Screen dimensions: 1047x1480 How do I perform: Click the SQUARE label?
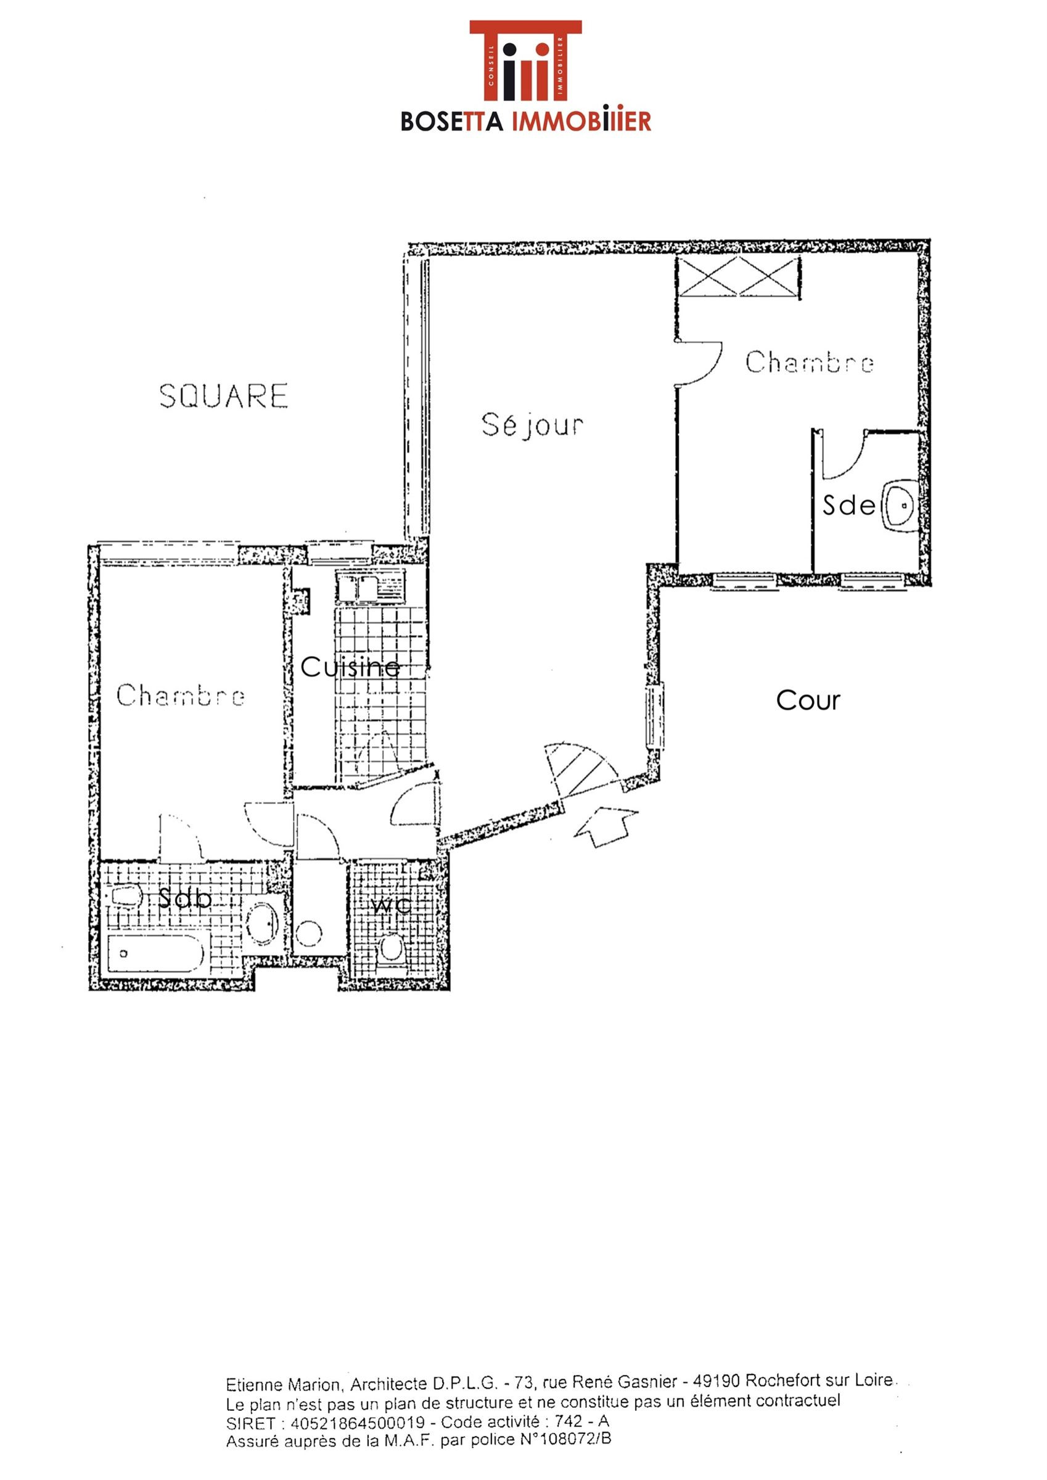coord(223,396)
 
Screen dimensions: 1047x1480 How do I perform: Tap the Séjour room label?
coord(533,425)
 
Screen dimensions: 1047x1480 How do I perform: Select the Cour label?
coord(808,700)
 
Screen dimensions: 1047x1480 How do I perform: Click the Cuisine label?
coord(350,667)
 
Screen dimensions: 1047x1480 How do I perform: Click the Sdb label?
coord(185,898)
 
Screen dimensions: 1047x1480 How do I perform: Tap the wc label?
coord(392,905)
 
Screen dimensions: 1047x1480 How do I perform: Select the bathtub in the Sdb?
coord(156,955)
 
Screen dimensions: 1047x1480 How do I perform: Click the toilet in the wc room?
coord(392,948)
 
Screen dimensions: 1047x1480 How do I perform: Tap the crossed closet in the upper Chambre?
coord(737,276)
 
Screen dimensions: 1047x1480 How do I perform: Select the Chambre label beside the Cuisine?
coord(181,695)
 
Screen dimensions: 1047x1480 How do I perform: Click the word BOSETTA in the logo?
coord(452,121)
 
